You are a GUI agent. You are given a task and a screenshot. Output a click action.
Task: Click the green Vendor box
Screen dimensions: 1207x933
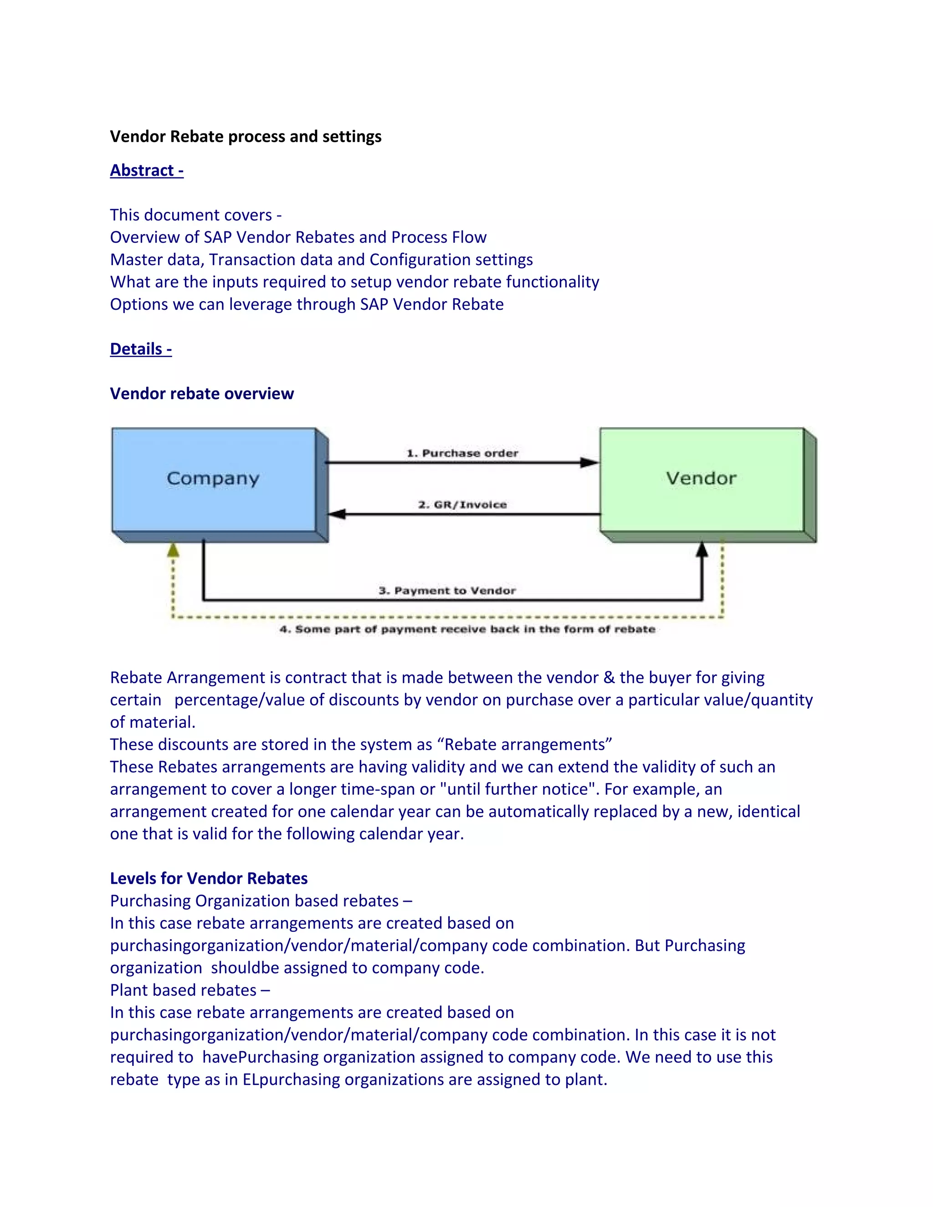[x=702, y=479]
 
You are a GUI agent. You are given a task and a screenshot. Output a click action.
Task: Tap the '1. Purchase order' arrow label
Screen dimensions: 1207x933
[x=463, y=454]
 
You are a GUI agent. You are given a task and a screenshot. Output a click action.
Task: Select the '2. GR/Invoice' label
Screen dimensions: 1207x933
[x=463, y=505]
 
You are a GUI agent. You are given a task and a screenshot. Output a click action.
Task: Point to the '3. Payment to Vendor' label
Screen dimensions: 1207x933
[x=447, y=591]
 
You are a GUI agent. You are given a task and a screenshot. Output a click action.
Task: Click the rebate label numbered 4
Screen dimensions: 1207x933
[x=467, y=629]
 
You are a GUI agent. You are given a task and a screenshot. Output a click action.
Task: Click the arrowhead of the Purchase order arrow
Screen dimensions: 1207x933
[x=589, y=463]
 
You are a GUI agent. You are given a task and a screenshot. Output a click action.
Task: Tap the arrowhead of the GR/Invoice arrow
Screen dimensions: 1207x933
[x=337, y=514]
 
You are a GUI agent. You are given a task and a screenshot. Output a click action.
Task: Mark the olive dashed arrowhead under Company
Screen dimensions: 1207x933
[x=173, y=550]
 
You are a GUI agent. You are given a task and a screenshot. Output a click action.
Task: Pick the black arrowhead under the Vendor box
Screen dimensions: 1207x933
[x=702, y=549]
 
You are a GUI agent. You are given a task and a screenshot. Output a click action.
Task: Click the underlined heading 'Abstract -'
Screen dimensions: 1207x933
[x=147, y=170]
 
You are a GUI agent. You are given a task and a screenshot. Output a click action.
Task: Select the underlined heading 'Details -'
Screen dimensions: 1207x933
[x=141, y=349]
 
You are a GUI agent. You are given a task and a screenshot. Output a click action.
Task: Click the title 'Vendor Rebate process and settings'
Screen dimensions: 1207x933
[x=246, y=137]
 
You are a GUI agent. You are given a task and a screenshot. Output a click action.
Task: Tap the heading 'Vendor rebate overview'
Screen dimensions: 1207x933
[x=202, y=394]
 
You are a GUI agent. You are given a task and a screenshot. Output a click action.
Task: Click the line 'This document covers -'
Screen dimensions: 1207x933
[x=195, y=215]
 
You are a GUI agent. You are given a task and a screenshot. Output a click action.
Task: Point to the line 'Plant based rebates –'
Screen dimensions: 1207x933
[x=190, y=990]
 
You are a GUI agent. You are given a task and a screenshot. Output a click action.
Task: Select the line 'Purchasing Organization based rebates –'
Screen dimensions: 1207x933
[x=261, y=901]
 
